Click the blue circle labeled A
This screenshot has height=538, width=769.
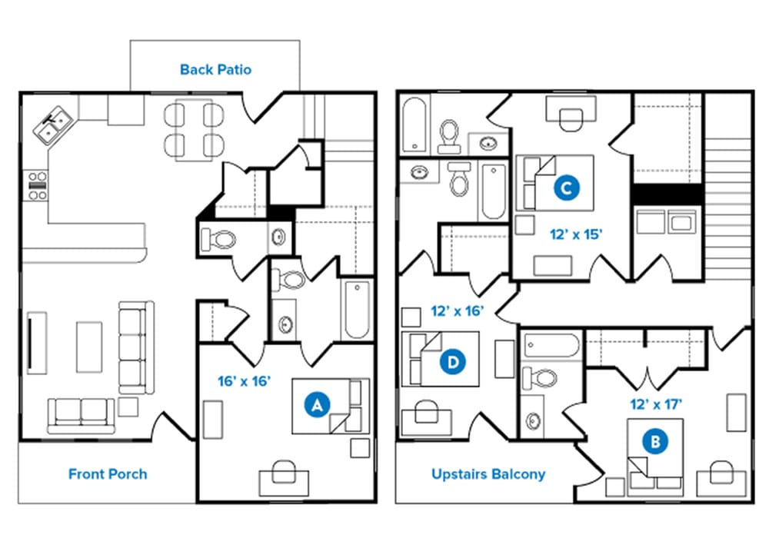point(317,405)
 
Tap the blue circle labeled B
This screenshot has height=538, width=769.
point(655,442)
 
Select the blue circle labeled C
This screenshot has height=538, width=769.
point(567,188)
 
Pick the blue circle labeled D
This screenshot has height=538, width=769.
point(453,362)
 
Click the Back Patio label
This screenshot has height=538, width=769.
point(216,70)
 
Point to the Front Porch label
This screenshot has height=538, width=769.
point(108,474)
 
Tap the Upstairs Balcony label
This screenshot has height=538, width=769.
point(488,474)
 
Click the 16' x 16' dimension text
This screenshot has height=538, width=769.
point(245,381)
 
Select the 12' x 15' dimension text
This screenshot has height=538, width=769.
point(576,234)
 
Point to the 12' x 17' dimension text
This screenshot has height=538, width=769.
point(656,404)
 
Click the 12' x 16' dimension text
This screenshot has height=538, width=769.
point(458,311)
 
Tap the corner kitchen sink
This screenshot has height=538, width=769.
point(53,125)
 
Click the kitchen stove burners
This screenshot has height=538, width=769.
point(37,186)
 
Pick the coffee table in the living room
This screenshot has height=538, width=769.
point(89,347)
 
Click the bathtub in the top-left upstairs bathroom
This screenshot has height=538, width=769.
point(415,125)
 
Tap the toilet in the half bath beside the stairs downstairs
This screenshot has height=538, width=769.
point(218,240)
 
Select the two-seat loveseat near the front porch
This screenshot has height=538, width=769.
point(81,416)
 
